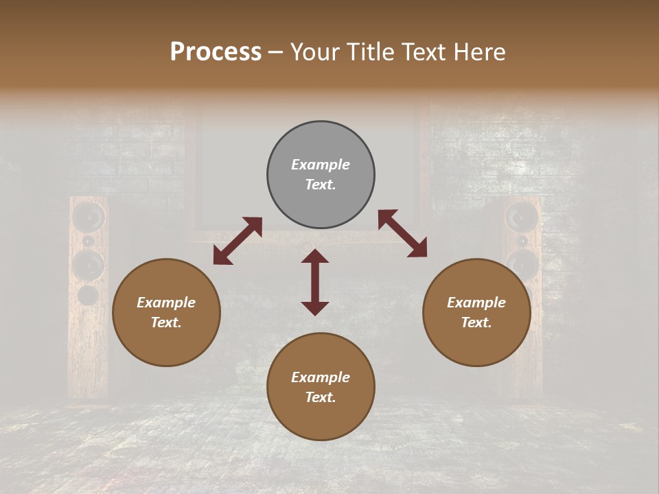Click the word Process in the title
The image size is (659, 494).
click(x=216, y=52)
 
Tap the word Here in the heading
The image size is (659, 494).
click(x=480, y=52)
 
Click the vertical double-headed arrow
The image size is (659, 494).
click(x=315, y=282)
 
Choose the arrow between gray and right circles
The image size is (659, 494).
click(x=402, y=233)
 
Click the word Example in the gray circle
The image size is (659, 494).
click(x=321, y=165)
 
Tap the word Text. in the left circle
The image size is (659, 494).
click(x=166, y=322)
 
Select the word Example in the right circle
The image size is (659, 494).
click(x=476, y=303)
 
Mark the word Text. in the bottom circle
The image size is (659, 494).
click(x=321, y=397)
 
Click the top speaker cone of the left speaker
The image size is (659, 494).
click(x=89, y=217)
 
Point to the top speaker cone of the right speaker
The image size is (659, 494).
click(x=522, y=217)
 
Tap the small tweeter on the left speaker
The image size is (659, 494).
click(x=89, y=242)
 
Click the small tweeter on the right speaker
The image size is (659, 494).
click(x=522, y=242)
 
